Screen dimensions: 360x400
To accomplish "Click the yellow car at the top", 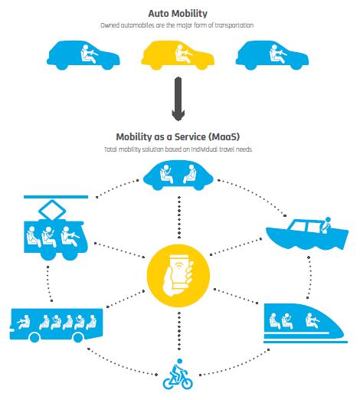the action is [x=178, y=55].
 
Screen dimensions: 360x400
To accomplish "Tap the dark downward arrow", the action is [x=178, y=99].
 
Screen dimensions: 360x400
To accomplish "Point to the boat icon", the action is [x=307, y=234].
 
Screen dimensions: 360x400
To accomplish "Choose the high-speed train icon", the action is [x=306, y=323].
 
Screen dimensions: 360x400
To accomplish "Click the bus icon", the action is [x=57, y=325].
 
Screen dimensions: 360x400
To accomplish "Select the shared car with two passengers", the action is [x=178, y=175].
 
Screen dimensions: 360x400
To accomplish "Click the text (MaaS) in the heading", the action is [x=224, y=137].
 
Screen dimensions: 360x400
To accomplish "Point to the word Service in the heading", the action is [x=190, y=137].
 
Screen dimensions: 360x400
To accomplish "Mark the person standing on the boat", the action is [x=326, y=225].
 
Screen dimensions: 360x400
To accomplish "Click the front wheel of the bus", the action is [x=34, y=338].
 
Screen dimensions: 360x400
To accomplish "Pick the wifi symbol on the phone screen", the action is [x=180, y=266].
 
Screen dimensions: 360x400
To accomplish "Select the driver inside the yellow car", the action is [x=182, y=54].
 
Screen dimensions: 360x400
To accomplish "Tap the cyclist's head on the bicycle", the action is [x=180, y=361].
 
